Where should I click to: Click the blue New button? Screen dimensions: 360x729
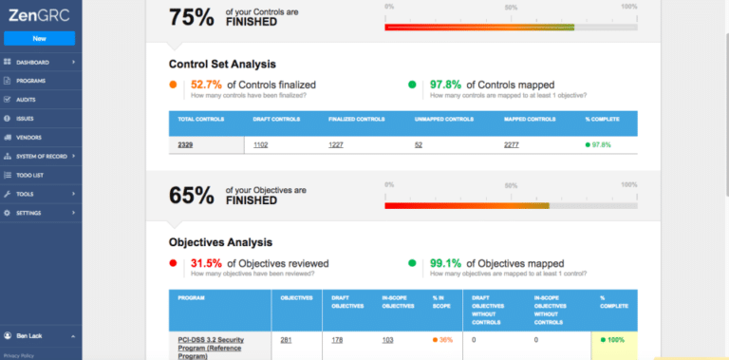click(x=39, y=39)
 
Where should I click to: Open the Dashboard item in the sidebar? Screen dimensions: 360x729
click(x=33, y=62)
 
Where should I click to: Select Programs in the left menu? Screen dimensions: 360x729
click(x=31, y=81)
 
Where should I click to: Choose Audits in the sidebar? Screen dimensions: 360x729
click(x=28, y=100)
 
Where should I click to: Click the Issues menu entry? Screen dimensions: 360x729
click(x=27, y=119)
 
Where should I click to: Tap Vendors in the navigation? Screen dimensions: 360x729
click(x=29, y=137)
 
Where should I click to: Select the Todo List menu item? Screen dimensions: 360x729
click(x=31, y=175)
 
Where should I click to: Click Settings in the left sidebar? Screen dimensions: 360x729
click(x=29, y=213)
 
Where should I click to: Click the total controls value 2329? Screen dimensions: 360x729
click(x=186, y=144)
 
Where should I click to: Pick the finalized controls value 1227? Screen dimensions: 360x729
click(x=337, y=144)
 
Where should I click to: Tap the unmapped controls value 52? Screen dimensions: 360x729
click(x=419, y=144)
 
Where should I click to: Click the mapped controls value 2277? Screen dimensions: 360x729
click(x=512, y=144)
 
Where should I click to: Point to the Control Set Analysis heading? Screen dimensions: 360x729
click(x=222, y=65)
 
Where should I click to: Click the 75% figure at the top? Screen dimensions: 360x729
click(x=191, y=17)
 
